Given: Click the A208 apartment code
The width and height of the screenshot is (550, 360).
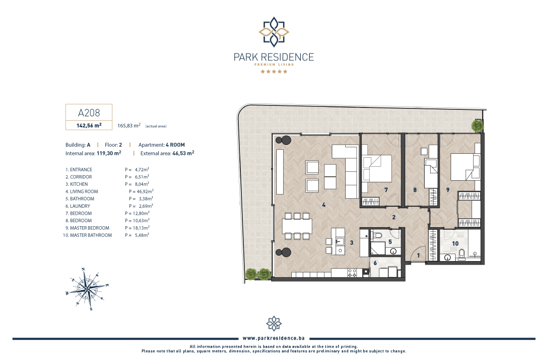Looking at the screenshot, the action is [x=89, y=113].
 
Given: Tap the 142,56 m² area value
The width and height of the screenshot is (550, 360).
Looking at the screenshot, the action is [x=89, y=125].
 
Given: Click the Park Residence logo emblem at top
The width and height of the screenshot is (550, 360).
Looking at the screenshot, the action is [x=274, y=32].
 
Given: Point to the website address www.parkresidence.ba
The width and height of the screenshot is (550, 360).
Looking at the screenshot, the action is [x=274, y=338].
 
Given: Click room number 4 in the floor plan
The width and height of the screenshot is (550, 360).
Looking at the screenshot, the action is [x=324, y=205].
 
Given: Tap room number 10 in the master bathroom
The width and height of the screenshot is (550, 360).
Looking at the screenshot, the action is [x=455, y=243].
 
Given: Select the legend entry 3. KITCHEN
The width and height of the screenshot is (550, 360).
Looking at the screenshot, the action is [x=76, y=184].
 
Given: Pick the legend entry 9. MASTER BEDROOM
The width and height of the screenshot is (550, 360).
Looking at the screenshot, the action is [x=87, y=228].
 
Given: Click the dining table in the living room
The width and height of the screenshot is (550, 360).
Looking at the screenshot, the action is [x=297, y=226].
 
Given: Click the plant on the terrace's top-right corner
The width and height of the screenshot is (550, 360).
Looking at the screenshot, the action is [x=477, y=125].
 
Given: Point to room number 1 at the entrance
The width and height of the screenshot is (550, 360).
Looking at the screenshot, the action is [x=419, y=256].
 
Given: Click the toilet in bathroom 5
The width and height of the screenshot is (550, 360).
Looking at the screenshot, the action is [x=377, y=236].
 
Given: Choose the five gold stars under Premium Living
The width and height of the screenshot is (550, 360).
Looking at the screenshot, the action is [x=274, y=71].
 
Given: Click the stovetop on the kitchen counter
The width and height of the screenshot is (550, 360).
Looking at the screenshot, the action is [x=352, y=273].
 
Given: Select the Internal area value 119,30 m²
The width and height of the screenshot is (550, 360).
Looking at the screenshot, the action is [x=109, y=153].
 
